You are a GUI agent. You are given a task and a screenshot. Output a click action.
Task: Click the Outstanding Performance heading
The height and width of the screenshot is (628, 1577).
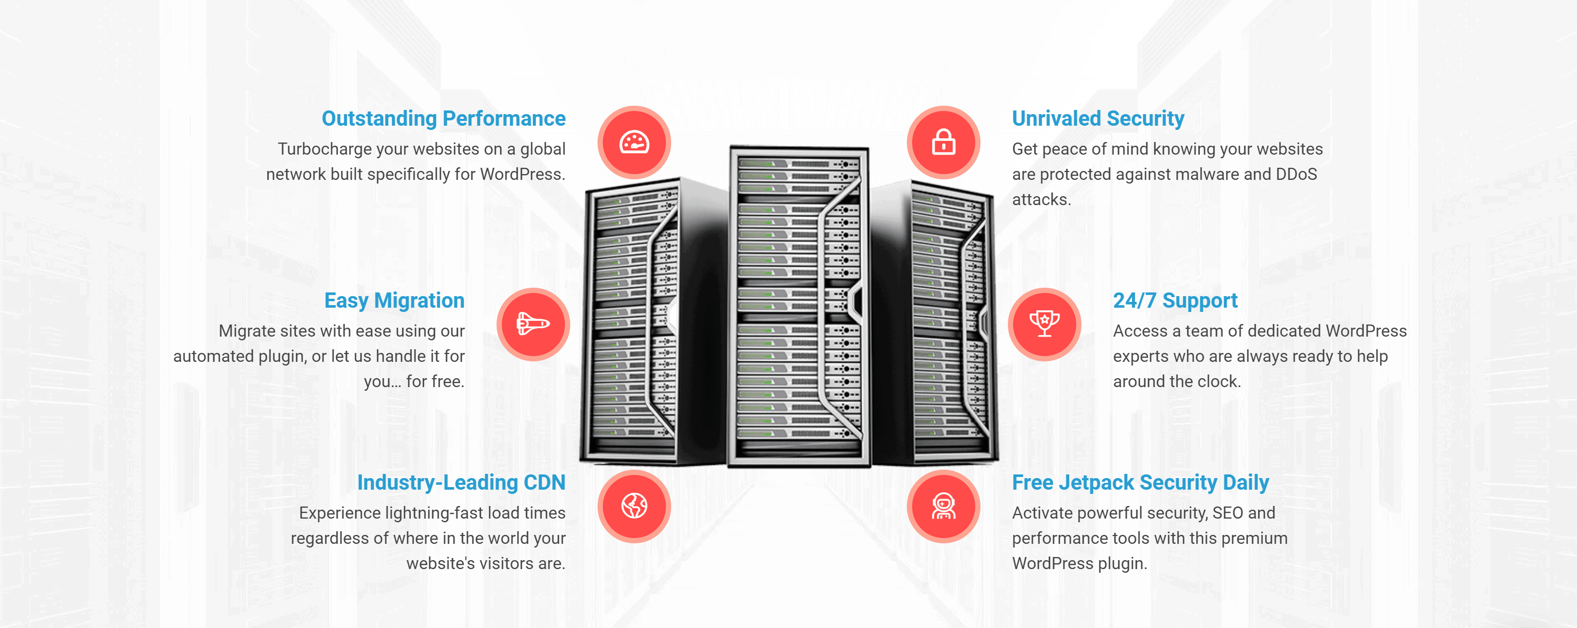(x=443, y=118)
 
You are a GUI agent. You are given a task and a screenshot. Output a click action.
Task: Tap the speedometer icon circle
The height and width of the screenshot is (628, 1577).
(x=634, y=143)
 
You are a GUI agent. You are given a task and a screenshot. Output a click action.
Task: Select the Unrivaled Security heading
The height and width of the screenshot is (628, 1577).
(x=1098, y=118)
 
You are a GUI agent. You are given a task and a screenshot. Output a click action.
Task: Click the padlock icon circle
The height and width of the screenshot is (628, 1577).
(x=943, y=143)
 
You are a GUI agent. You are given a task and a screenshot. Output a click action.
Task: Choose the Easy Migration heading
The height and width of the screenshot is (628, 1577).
(x=395, y=300)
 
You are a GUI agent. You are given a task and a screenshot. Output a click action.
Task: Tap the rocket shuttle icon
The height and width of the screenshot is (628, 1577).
(x=533, y=325)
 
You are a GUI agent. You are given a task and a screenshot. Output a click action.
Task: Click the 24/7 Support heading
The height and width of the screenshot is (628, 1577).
(x=1175, y=300)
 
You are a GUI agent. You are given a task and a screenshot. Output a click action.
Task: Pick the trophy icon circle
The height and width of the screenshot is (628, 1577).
(x=1044, y=325)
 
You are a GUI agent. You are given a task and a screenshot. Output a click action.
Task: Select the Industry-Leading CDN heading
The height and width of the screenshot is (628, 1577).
(x=461, y=482)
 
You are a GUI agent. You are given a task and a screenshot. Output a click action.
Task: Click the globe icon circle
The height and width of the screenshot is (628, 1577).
(x=634, y=506)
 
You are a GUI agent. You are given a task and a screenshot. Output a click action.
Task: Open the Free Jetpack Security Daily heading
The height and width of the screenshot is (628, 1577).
(x=1140, y=482)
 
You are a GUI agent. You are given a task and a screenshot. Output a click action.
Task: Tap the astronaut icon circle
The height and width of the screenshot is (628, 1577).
(x=943, y=506)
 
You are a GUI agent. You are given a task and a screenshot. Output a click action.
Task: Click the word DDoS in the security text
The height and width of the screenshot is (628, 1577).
(x=1296, y=175)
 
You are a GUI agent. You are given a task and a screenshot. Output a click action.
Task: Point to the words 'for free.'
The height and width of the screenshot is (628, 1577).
(x=435, y=382)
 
